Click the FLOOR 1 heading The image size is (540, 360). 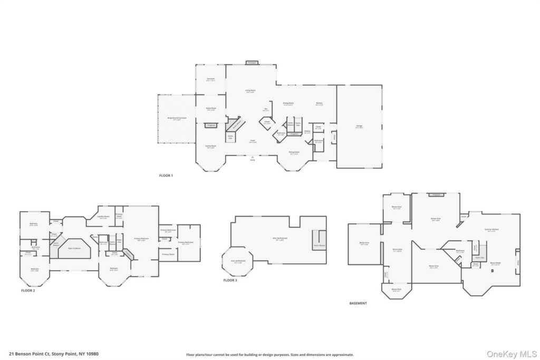166,175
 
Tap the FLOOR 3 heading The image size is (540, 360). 230,280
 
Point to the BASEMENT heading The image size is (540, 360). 358,303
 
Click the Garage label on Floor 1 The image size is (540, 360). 359,127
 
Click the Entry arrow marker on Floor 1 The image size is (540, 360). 252,157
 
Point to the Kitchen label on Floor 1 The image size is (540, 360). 319,103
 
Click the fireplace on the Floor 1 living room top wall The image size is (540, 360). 252,63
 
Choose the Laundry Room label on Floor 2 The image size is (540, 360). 103,217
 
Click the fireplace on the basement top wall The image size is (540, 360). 436,194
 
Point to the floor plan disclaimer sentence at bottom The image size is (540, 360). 269,355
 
